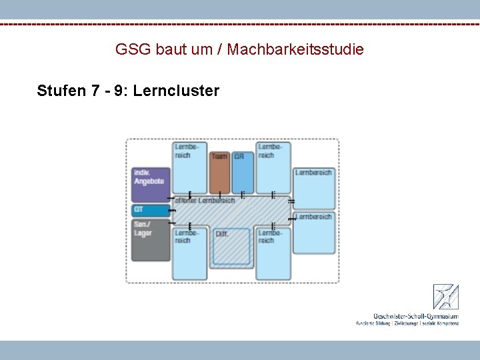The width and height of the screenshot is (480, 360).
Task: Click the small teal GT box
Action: (x=151, y=210)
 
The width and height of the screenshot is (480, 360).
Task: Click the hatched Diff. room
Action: (x=231, y=247)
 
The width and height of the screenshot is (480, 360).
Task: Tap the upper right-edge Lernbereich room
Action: (x=314, y=187)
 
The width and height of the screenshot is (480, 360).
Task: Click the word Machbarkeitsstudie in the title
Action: (x=295, y=49)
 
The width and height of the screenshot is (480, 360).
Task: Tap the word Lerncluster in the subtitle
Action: (x=176, y=91)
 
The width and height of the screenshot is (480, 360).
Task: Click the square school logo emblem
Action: (x=445, y=297)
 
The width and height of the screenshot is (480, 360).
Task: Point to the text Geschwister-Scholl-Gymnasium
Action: (x=416, y=315)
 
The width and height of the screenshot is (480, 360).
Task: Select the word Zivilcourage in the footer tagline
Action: (x=409, y=323)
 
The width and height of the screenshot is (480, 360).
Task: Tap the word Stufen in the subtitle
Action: (x=61, y=91)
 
